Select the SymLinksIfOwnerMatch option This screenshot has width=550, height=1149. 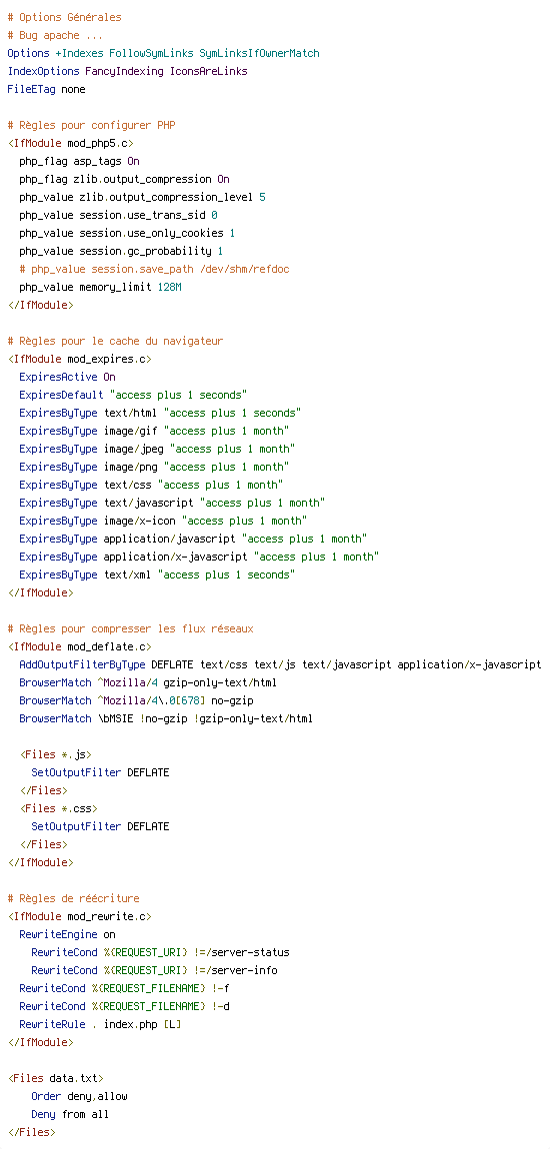260,54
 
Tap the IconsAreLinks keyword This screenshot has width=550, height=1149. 209,71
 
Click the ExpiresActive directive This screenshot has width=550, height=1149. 59,377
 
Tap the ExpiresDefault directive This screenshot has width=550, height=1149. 62,395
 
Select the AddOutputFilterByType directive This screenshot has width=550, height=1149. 82,664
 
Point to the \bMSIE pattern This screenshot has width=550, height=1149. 115,718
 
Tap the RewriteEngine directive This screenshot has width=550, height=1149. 59,934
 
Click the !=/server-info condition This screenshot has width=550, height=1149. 235,970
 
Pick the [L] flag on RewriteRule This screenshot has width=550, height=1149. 172,1024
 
